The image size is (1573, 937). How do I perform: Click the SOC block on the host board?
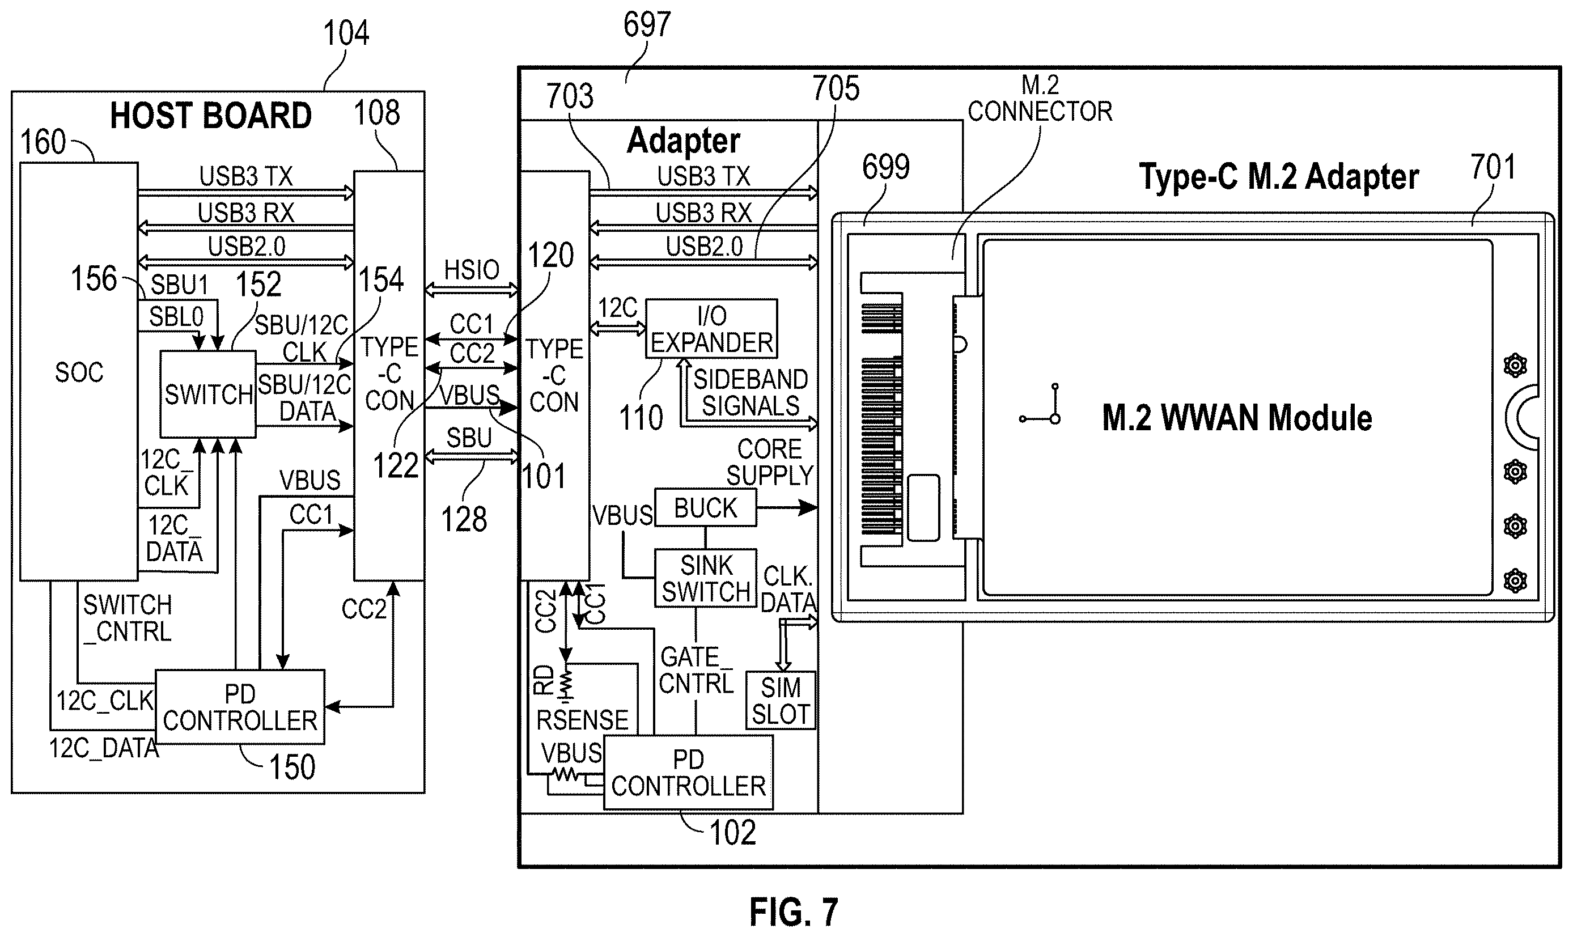pos(79,371)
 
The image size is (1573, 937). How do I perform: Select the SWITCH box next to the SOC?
pos(208,394)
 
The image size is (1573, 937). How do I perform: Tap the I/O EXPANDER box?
pos(711,329)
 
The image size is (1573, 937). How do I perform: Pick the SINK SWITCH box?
pos(706,578)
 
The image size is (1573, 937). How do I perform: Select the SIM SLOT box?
pos(781,701)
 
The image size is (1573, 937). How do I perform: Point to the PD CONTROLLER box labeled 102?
pos(688,772)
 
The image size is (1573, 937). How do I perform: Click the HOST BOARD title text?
pos(211,116)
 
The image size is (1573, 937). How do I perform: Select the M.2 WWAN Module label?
pos(1236,418)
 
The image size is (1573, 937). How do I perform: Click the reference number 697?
pos(647,26)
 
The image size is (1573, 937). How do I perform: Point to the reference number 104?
pos(346,33)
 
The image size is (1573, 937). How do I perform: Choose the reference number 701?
pos(1493,167)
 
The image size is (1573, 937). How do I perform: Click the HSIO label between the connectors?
pos(472,270)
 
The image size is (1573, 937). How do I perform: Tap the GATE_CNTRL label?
pos(696,671)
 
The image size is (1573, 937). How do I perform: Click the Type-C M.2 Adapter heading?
pos(1279,176)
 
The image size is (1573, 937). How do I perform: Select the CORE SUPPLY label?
pos(769,462)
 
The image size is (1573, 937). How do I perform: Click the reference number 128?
pos(464,520)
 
